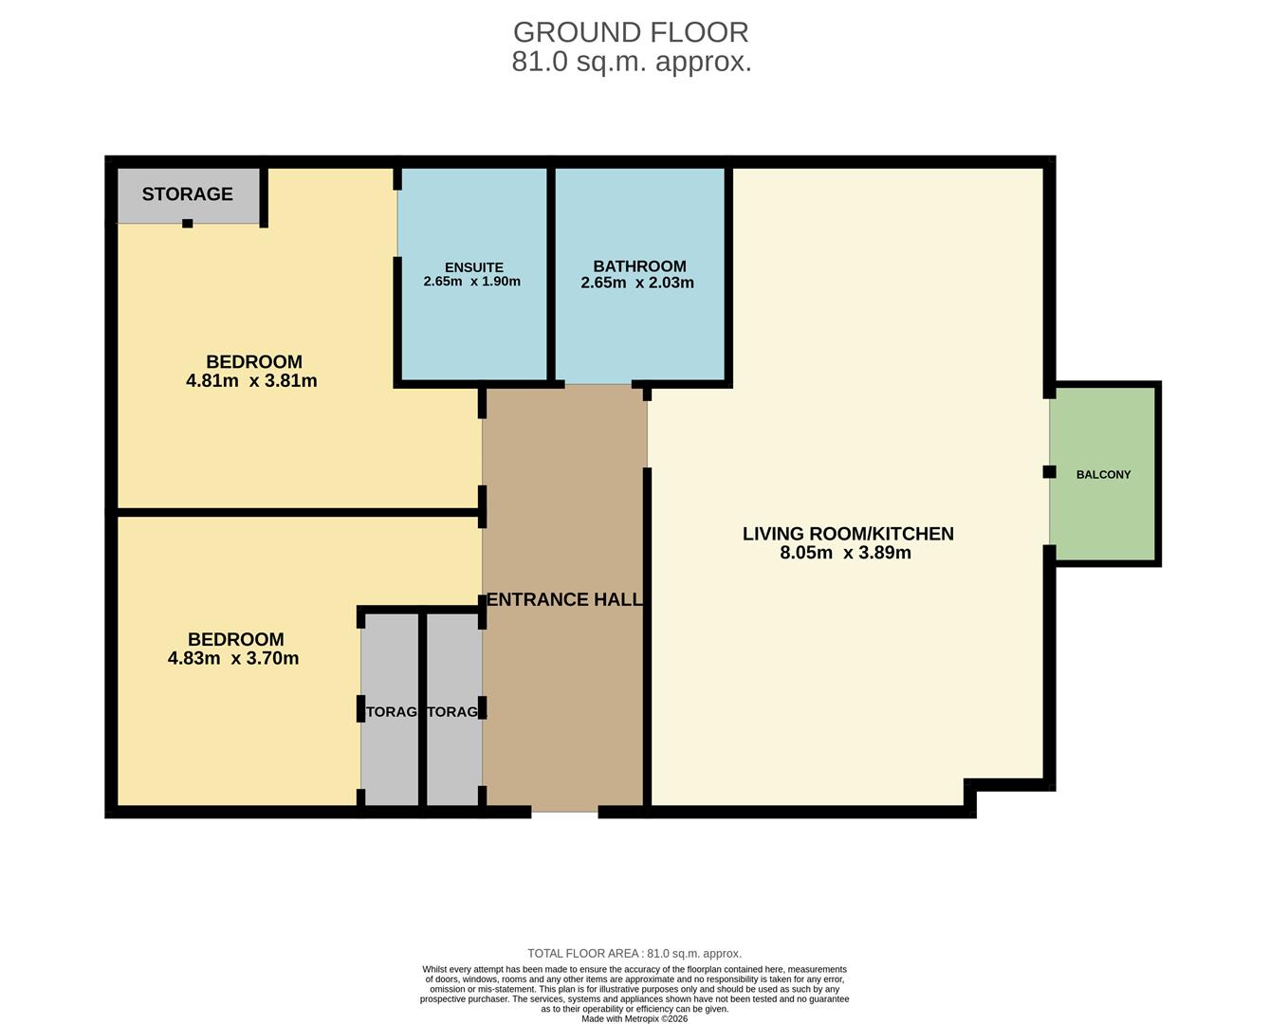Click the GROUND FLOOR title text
click(631, 32)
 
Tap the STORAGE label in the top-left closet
click(187, 194)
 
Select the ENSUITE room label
click(473, 267)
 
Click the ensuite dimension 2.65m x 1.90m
click(471, 282)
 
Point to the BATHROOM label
click(639, 266)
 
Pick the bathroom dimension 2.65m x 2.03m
click(637, 283)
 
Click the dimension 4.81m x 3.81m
click(251, 381)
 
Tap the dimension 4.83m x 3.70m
click(233, 659)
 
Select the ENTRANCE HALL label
click(564, 599)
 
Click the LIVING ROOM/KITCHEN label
click(848, 534)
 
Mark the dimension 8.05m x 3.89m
click(845, 553)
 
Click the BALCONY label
click(1103, 474)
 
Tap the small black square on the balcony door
click(1049, 472)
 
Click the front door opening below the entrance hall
click(564, 812)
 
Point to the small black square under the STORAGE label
click(188, 224)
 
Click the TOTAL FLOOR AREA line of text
click(634, 954)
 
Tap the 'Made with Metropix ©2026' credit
click(634, 1018)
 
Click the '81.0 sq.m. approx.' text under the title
click(632, 63)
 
